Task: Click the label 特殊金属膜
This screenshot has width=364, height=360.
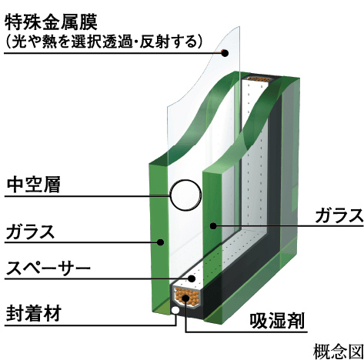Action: (x=51, y=22)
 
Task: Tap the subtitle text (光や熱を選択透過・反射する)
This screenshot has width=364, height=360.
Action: (x=103, y=41)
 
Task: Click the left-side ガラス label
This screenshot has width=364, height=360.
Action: (x=31, y=232)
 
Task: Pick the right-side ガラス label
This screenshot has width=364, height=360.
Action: (x=339, y=215)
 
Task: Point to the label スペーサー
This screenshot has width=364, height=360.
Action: (x=48, y=268)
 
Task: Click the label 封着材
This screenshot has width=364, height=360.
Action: (x=34, y=313)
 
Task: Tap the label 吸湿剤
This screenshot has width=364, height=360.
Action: (x=277, y=320)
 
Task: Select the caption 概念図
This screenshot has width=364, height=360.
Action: (x=339, y=352)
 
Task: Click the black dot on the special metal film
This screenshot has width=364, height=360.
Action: (x=225, y=53)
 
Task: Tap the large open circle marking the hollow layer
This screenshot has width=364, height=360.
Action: (x=186, y=195)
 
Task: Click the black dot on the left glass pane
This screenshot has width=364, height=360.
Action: (x=161, y=242)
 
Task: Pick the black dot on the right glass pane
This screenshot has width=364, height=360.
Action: (x=213, y=225)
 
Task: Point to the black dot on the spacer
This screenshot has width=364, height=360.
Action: (x=192, y=278)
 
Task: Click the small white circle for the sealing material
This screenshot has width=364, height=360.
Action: (x=175, y=310)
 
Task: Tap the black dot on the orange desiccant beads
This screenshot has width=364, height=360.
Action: (x=185, y=298)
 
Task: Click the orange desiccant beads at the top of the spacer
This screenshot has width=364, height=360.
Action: (x=258, y=78)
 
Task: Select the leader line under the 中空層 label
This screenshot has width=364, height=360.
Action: (x=87, y=197)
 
